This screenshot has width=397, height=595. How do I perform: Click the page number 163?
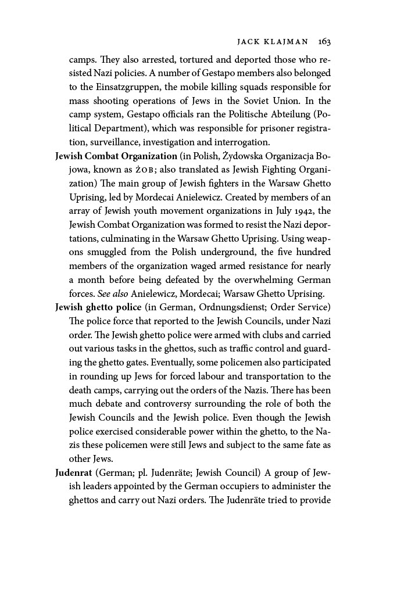click(x=324, y=42)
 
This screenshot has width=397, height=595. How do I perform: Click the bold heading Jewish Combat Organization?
click(x=116, y=156)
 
